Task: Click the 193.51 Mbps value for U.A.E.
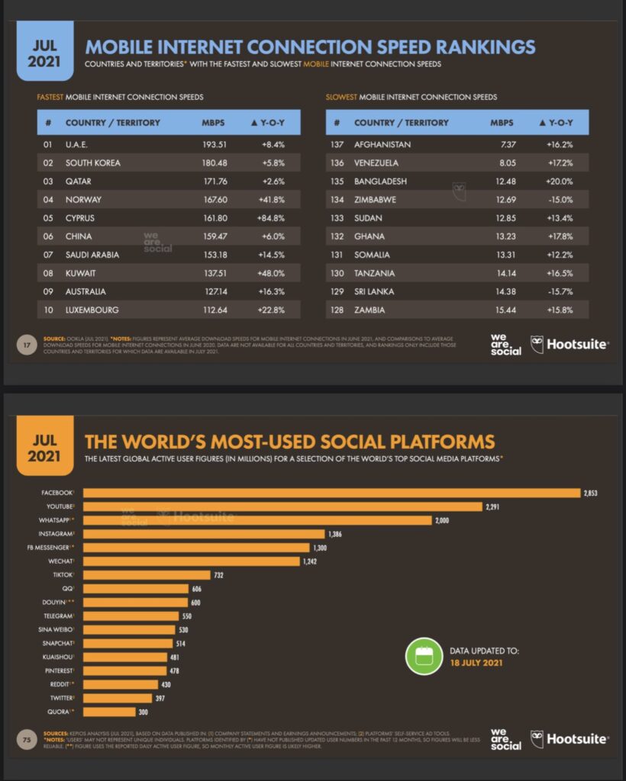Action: coord(215,144)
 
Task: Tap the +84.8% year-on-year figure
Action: coord(276,217)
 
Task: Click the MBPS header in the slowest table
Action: coord(502,123)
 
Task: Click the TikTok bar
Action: coord(146,575)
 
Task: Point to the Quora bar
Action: coord(109,712)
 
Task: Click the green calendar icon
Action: coord(423,656)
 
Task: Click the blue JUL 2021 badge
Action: coord(45,51)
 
